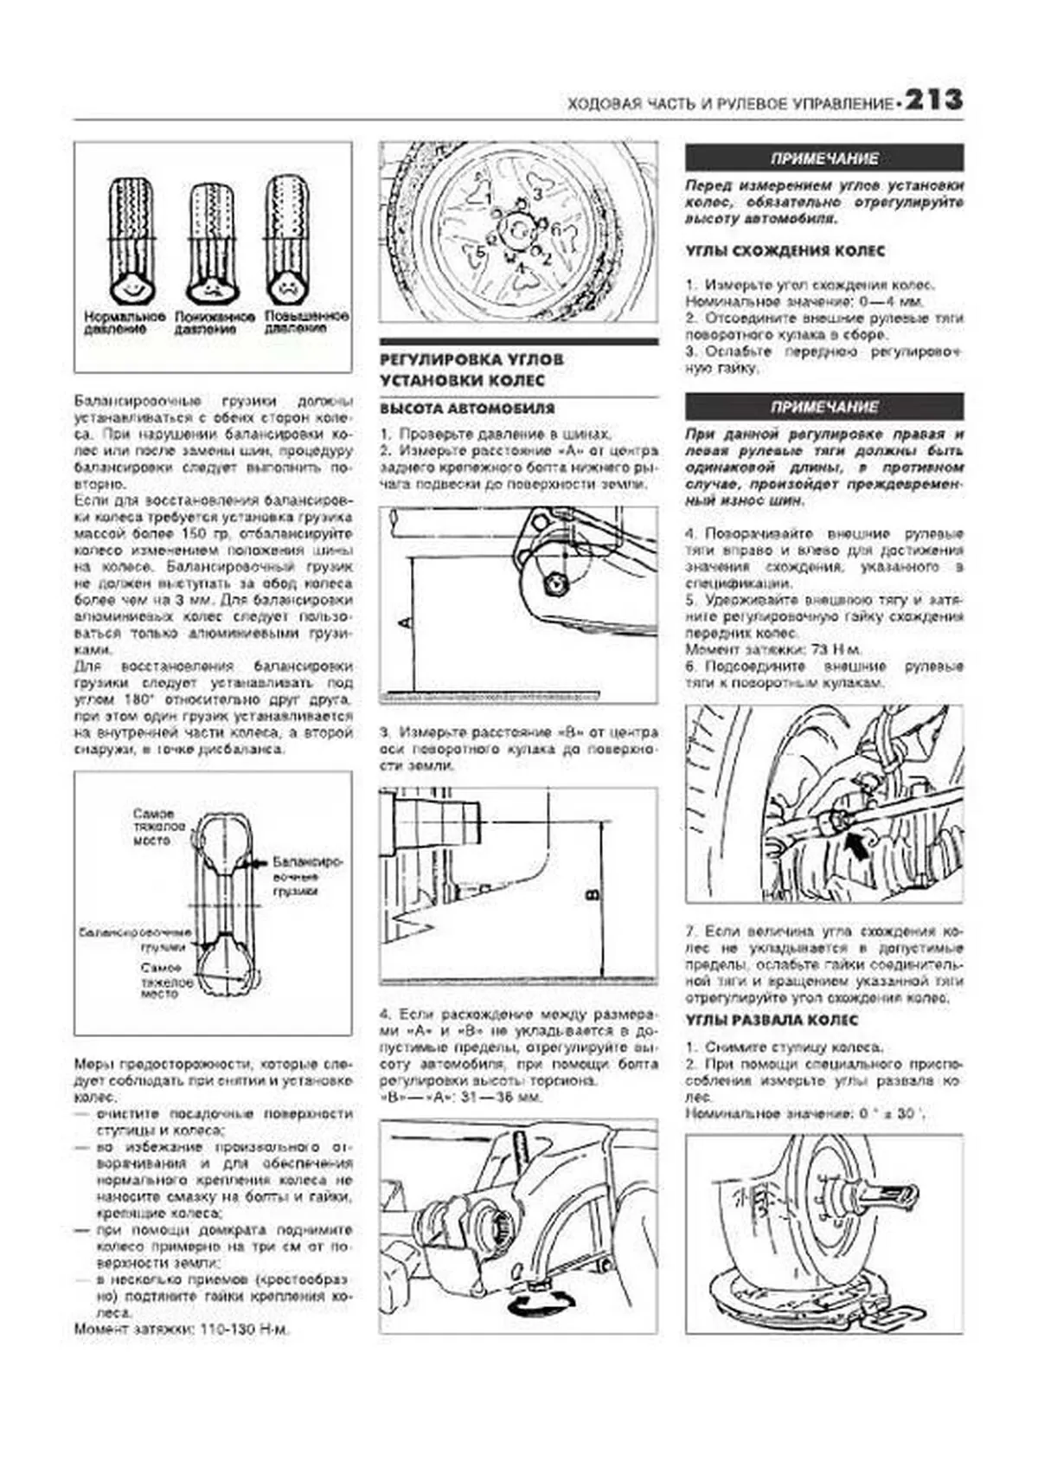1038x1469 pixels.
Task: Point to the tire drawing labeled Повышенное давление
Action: pos(286,238)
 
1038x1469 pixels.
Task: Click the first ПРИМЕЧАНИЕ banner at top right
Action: pos(823,158)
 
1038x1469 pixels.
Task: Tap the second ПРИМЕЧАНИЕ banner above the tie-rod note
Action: pos(823,407)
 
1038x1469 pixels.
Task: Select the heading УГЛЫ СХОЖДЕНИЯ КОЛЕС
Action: pos(785,251)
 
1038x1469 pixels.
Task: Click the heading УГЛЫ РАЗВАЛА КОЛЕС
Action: pos(772,1021)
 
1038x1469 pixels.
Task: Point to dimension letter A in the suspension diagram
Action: pos(405,622)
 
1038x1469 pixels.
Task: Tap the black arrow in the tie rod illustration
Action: pos(856,843)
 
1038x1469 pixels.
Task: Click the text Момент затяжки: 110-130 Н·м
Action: pos(182,1329)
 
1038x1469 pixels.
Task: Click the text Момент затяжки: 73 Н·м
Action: pos(772,649)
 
